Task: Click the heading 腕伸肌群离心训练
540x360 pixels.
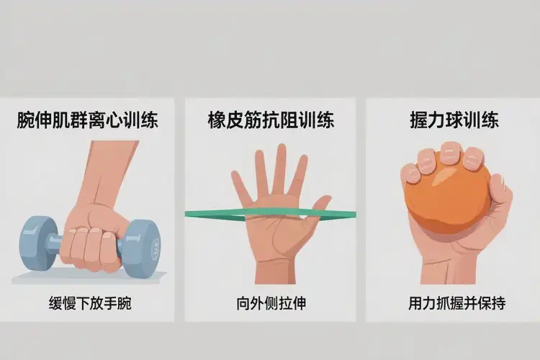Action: pyautogui.click(x=87, y=120)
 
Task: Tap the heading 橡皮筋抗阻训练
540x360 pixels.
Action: pyautogui.click(x=271, y=120)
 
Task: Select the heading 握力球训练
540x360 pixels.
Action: pyautogui.click(x=454, y=120)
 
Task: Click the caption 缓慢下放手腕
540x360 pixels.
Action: pyautogui.click(x=90, y=304)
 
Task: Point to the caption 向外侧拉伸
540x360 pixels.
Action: pyautogui.click(x=271, y=304)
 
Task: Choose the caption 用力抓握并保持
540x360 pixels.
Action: pyautogui.click(x=457, y=304)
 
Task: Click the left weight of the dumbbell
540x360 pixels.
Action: pyautogui.click(x=37, y=243)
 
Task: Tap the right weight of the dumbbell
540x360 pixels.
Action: pyautogui.click(x=140, y=248)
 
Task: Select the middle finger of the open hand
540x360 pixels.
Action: pyautogui.click(x=280, y=168)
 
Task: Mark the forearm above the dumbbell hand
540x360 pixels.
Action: pyautogui.click(x=107, y=172)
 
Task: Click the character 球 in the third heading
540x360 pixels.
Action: pyautogui.click(x=454, y=120)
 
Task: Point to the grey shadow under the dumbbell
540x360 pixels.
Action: pyautogui.click(x=89, y=277)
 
